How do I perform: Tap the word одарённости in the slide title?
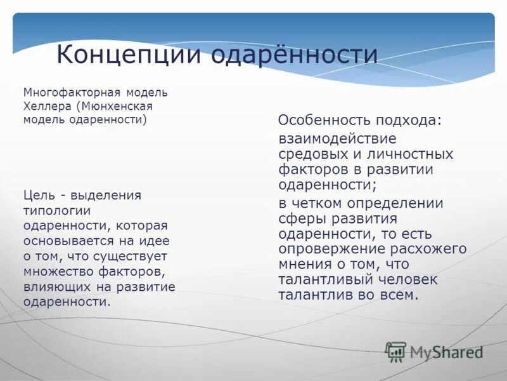tap(294, 54)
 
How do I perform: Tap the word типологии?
tap(57, 210)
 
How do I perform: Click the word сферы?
tap(300, 219)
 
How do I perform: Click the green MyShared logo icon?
tap(395, 352)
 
